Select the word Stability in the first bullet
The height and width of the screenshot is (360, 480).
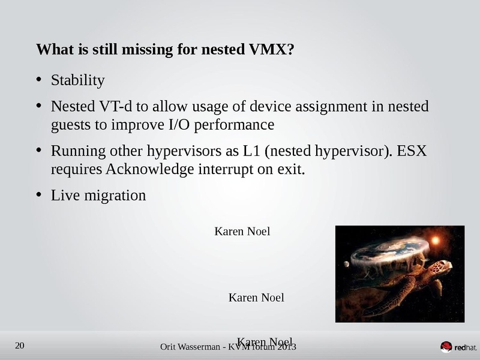[x=77, y=80]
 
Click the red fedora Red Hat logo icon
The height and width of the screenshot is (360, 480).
[x=446, y=347]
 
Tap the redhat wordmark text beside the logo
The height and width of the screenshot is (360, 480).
[x=466, y=347]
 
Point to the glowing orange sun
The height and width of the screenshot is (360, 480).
[x=436, y=240]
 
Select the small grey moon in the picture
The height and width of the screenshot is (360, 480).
[x=346, y=263]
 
